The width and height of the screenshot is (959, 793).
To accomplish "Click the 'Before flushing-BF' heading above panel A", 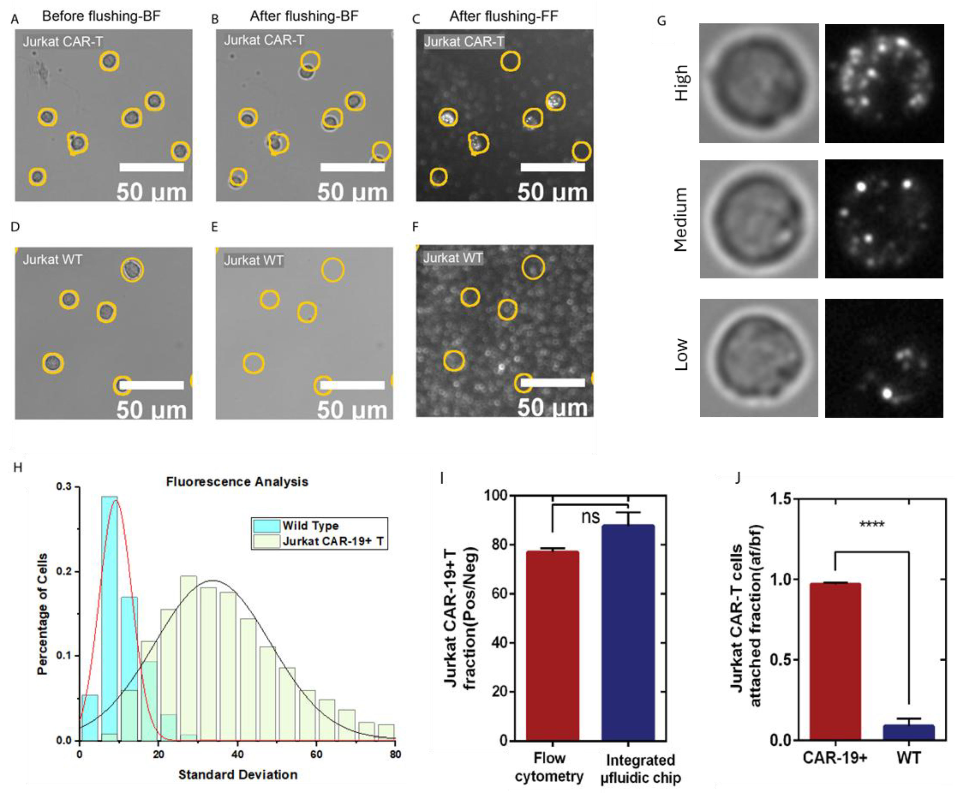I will tap(101, 17).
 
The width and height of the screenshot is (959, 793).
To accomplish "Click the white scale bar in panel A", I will tap(152, 167).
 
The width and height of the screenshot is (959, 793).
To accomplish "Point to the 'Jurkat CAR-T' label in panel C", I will tap(464, 41).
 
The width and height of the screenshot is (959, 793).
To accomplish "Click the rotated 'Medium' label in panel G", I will tap(681, 219).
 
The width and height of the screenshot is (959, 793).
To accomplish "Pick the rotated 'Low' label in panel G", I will tap(681, 355).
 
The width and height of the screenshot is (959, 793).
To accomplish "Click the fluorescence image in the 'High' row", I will tap(884, 84).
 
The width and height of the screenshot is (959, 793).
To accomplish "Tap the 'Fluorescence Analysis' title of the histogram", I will tap(237, 482).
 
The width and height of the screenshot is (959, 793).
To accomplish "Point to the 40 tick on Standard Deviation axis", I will tap(237, 754).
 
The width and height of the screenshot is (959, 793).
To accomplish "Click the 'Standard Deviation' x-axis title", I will tap(237, 775).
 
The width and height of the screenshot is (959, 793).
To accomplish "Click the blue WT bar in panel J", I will tap(909, 732).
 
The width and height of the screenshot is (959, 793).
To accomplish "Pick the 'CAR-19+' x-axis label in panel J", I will tap(835, 758).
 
